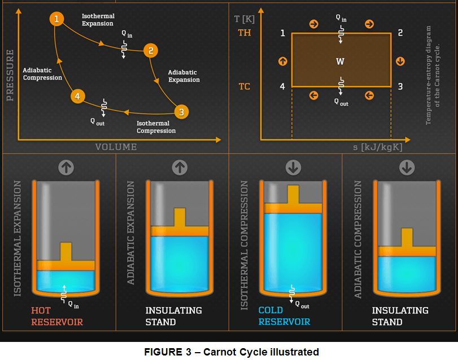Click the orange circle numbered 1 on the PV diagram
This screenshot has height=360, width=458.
point(56,19)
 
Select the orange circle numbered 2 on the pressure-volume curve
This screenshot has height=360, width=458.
point(150,51)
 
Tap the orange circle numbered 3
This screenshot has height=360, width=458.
point(181,111)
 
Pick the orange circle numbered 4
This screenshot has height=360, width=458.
point(78,96)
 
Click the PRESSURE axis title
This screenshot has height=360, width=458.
point(10,75)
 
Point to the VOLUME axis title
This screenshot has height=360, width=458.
point(116,147)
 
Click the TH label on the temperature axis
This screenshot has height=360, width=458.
point(245,33)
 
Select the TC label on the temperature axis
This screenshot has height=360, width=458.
point(245,87)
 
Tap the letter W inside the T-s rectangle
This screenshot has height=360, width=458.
point(341,61)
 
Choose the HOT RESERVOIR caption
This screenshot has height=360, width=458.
point(56,316)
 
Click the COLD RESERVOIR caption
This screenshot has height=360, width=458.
point(284,316)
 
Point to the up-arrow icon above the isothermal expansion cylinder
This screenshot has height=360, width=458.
point(66,167)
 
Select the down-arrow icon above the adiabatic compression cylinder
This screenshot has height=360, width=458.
point(407,167)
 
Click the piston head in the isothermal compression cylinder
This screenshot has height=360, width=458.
point(293,208)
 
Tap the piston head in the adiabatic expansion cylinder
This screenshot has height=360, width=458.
point(180,230)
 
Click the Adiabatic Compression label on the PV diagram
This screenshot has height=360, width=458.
point(42,74)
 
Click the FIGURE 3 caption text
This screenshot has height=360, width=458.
point(231,352)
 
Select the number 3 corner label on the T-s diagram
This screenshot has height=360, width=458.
point(400,87)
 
